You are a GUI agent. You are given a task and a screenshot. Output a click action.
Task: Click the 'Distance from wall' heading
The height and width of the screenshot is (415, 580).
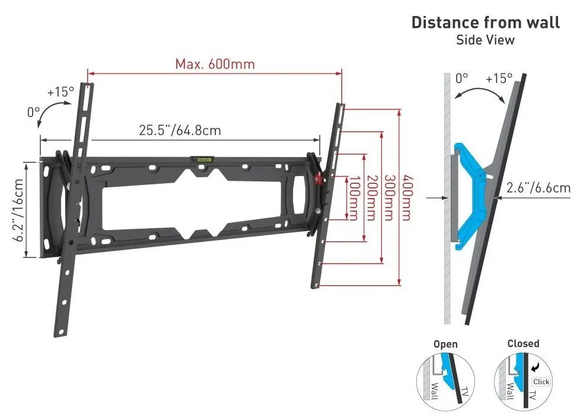click(x=485, y=23)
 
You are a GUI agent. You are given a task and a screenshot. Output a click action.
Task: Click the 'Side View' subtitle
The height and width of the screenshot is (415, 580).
click(x=485, y=40)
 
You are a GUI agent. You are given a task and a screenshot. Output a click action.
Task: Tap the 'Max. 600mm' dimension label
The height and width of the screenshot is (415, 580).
click(x=215, y=64)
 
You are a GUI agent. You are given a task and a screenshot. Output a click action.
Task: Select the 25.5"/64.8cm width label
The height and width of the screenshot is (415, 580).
click(x=180, y=130)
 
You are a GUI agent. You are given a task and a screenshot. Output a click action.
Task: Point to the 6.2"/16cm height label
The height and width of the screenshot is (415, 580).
click(x=18, y=210)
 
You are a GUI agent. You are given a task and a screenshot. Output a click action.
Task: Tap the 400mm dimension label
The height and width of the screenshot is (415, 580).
click(x=406, y=197)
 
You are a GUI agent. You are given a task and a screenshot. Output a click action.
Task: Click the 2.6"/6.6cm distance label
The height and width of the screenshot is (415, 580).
click(x=538, y=187)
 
